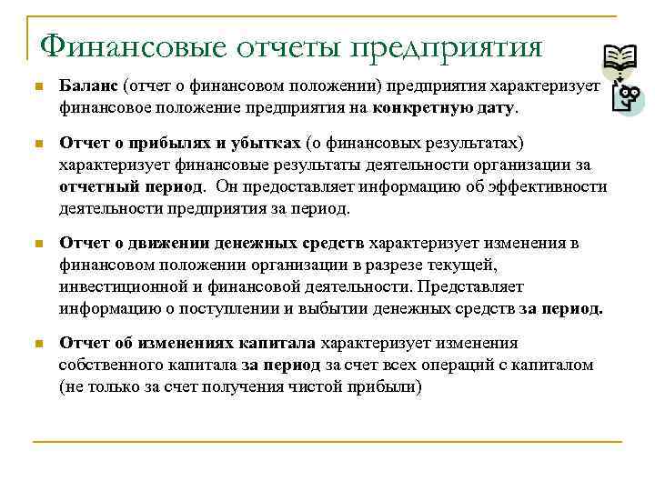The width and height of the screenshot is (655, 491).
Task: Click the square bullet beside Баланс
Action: pos(37,87)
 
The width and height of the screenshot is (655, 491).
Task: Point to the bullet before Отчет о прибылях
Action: pos(37,145)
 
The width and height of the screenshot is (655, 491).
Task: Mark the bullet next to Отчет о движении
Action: pos(37,245)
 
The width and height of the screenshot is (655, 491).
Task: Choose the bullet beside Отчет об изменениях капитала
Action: pos(37,345)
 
